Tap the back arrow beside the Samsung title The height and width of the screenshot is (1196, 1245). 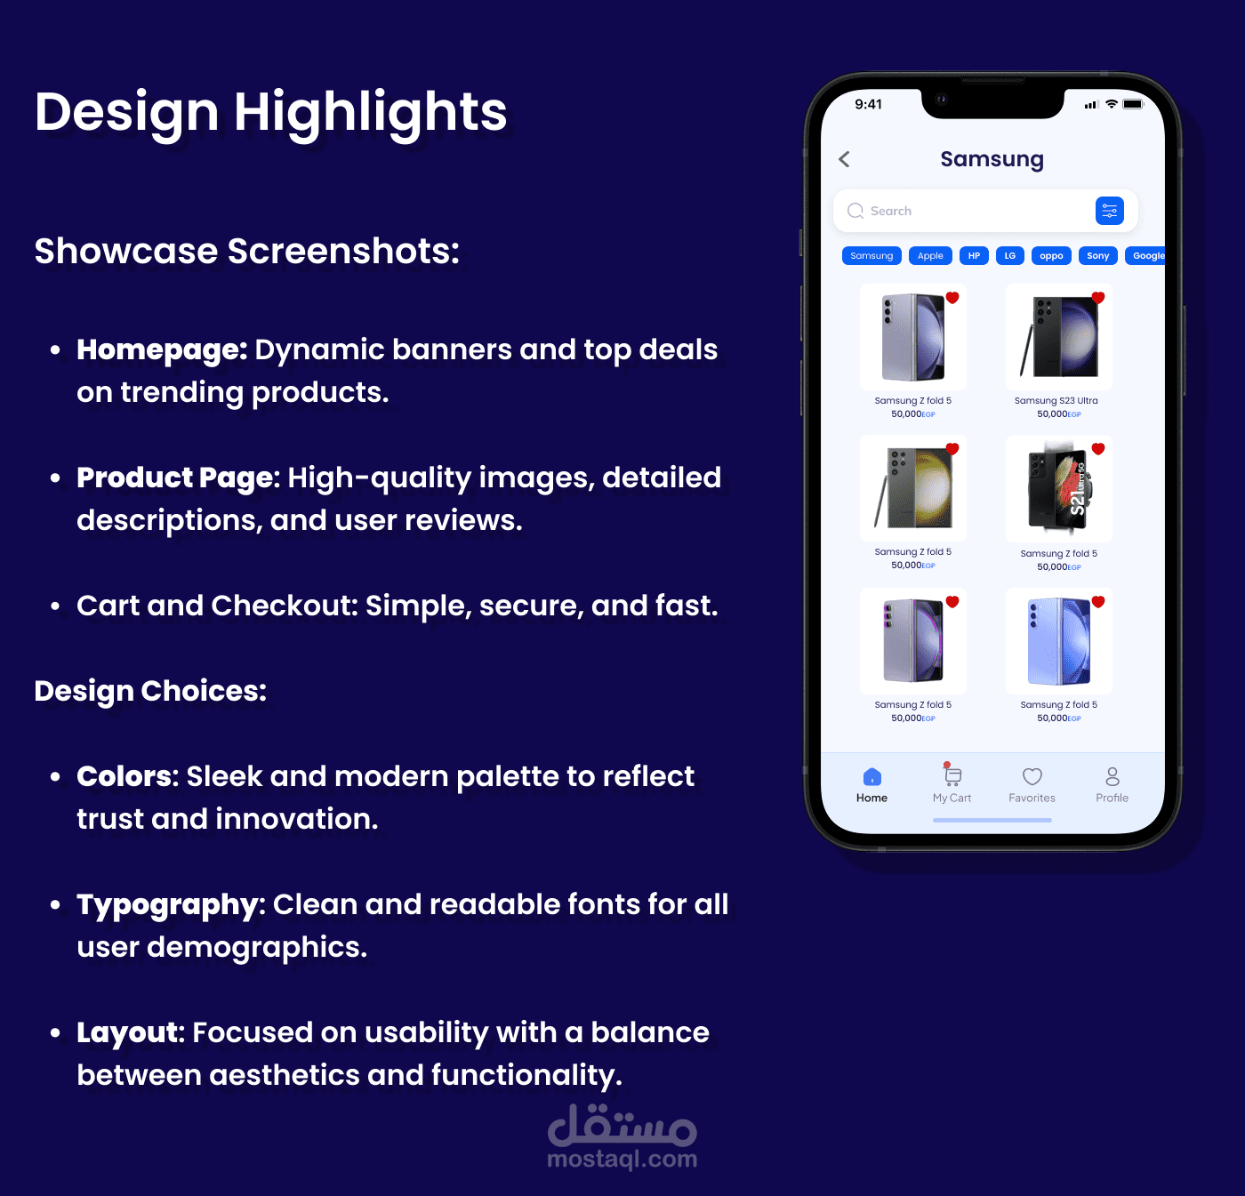click(844, 159)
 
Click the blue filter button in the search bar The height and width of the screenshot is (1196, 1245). click(1109, 211)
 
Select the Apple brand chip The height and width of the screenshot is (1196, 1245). click(930, 256)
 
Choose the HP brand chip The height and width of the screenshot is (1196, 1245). click(974, 256)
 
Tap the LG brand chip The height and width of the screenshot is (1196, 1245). click(1009, 256)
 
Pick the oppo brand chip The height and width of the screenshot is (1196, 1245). click(1051, 256)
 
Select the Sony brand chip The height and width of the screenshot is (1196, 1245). click(1098, 256)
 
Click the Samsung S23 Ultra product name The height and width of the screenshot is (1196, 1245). click(1056, 400)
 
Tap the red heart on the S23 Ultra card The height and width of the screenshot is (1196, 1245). click(1098, 297)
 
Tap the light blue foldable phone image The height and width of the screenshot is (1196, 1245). click(1059, 641)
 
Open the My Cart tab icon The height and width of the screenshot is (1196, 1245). click(952, 775)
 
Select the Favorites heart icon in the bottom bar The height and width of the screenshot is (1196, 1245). click(1032, 776)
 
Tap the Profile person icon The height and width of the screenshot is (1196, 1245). click(1112, 776)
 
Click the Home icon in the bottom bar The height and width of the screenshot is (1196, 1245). click(872, 776)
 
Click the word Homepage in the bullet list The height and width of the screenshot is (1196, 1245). click(162, 350)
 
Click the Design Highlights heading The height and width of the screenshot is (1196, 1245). click(270, 113)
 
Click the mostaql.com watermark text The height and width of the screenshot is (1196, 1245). click(622, 1159)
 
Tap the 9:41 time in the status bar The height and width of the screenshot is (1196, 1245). click(868, 104)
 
